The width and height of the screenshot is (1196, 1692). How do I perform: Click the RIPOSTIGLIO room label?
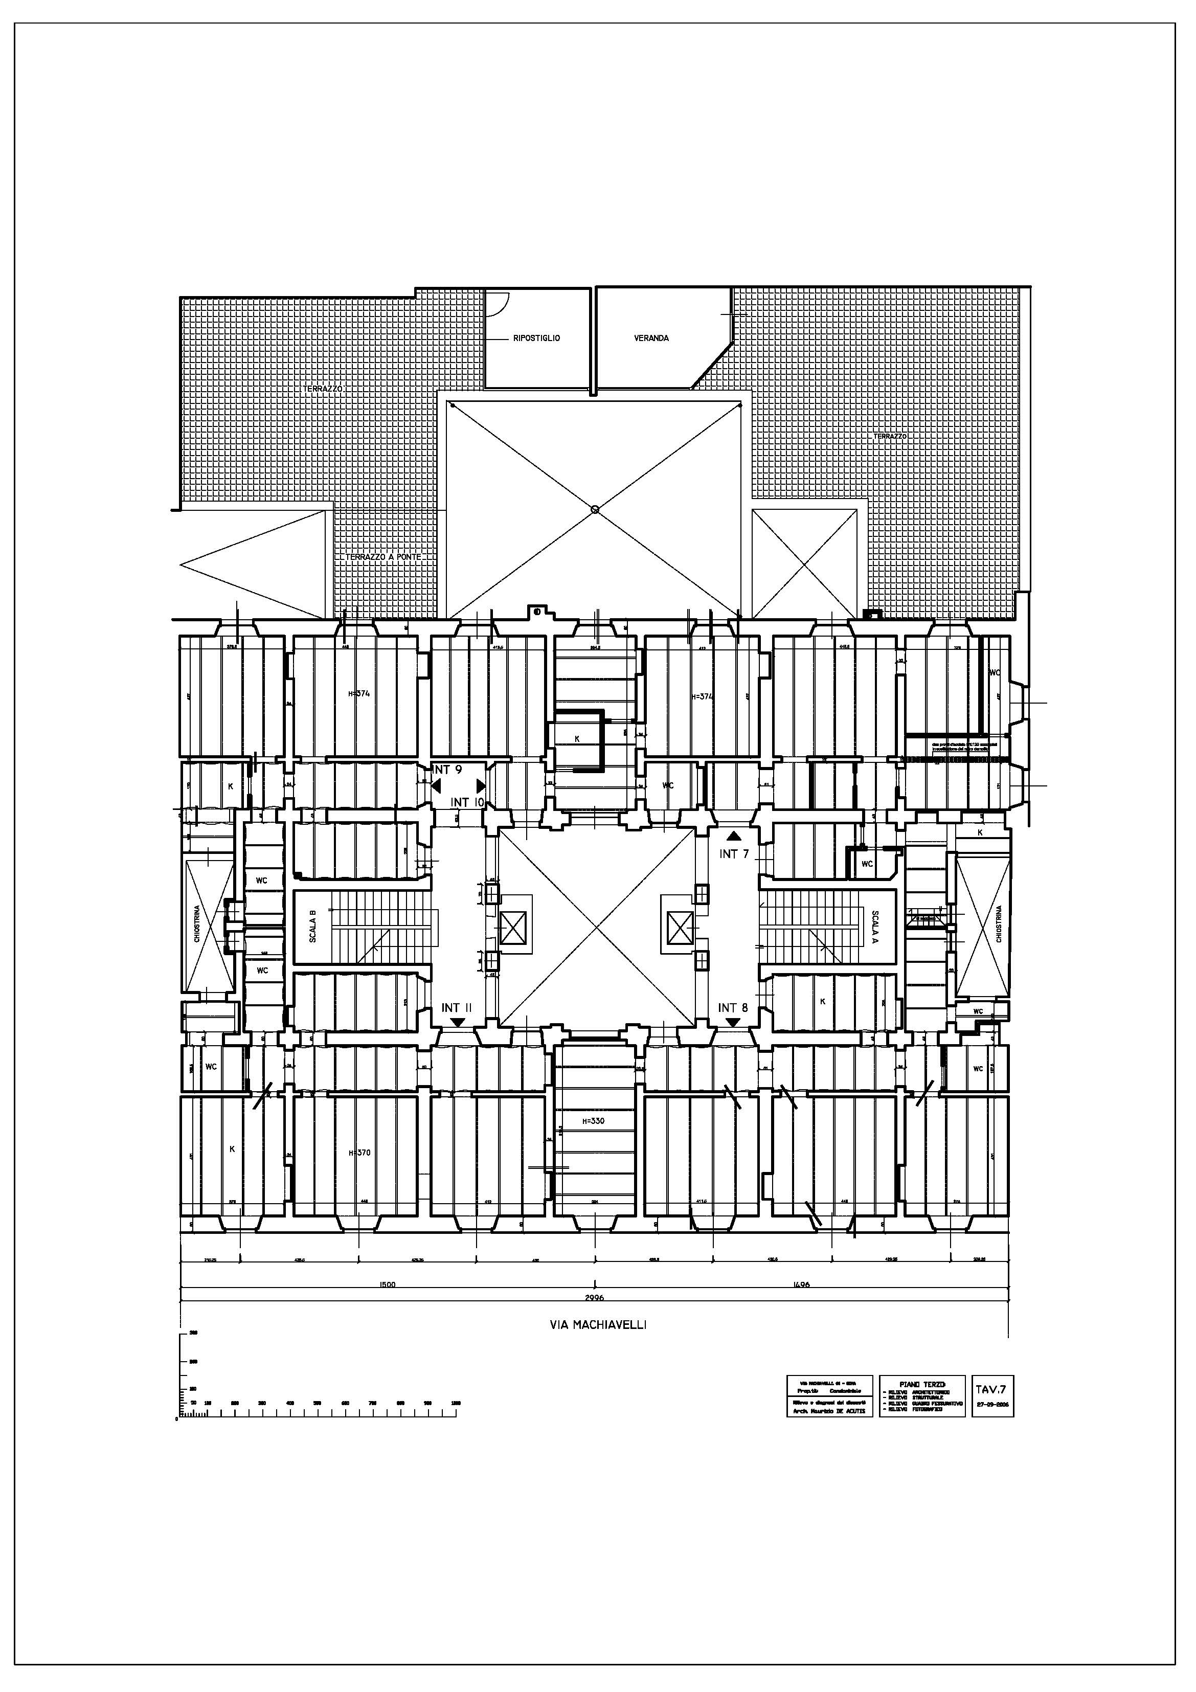(x=536, y=339)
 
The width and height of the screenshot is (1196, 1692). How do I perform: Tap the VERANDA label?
(x=651, y=339)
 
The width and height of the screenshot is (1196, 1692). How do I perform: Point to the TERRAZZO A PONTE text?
(x=382, y=557)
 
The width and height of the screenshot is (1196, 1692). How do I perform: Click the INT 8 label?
(x=733, y=1007)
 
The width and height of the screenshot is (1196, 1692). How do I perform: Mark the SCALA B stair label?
(x=312, y=927)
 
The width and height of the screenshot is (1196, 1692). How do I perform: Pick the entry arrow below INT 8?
(x=733, y=1022)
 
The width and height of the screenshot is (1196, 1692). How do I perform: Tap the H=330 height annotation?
(x=593, y=1122)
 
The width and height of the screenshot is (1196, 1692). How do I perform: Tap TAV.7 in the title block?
(x=991, y=1389)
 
